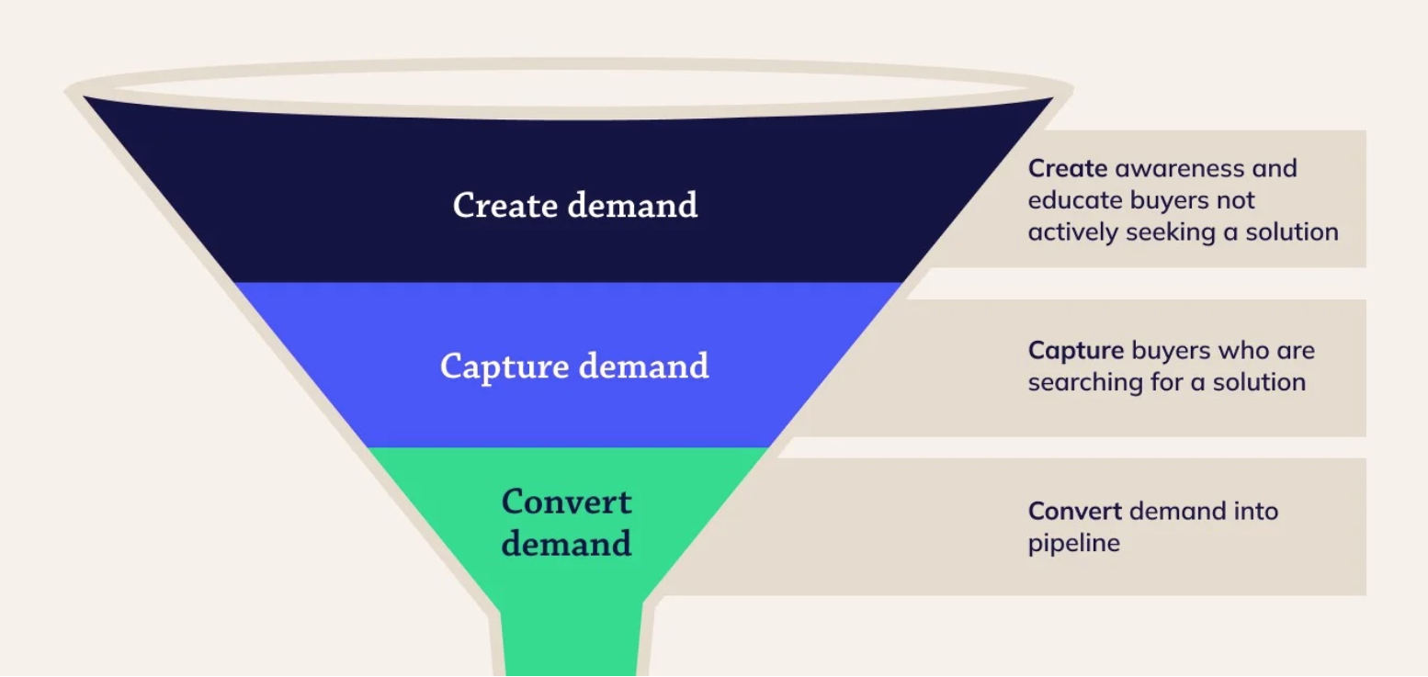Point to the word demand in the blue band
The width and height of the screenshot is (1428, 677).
click(x=642, y=367)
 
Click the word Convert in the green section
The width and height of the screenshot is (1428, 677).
click(x=567, y=502)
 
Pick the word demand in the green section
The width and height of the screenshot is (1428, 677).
click(x=567, y=543)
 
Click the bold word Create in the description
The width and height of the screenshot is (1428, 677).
click(x=1067, y=169)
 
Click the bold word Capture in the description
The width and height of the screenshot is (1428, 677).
click(x=1075, y=351)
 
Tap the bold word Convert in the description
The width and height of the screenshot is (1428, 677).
click(x=1074, y=512)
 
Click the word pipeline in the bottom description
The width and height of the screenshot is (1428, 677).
click(x=1073, y=543)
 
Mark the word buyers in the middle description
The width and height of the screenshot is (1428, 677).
click(x=1171, y=351)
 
